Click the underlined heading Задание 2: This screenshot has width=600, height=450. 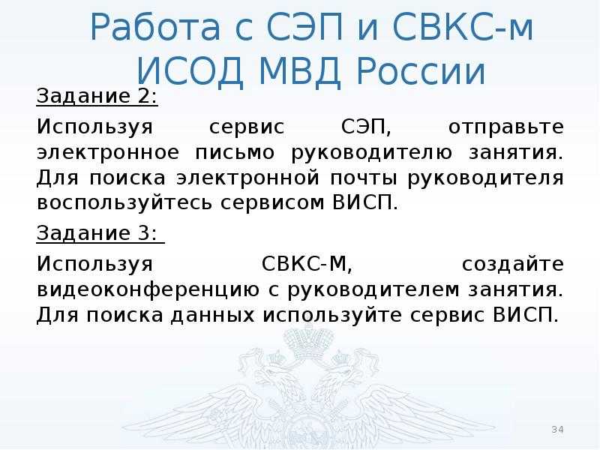(x=97, y=97)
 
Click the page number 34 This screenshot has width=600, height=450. (x=557, y=429)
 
